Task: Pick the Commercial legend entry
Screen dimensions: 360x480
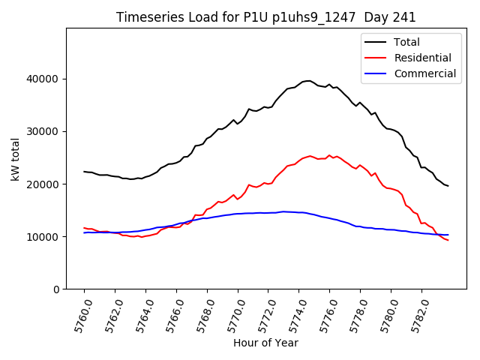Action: (x=425, y=73)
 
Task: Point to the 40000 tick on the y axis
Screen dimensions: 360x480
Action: (x=43, y=79)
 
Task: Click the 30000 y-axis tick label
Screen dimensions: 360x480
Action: (x=43, y=131)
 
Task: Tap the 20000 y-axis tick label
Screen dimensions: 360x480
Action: (x=43, y=184)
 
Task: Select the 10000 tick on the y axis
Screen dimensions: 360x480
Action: (x=43, y=236)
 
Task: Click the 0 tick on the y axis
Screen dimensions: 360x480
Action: (x=56, y=289)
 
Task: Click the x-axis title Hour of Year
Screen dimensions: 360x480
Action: (x=265, y=343)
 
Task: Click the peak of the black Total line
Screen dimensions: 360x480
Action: (x=309, y=80)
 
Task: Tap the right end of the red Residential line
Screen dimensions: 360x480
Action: (x=448, y=240)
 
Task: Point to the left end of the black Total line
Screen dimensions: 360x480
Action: (x=84, y=172)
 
